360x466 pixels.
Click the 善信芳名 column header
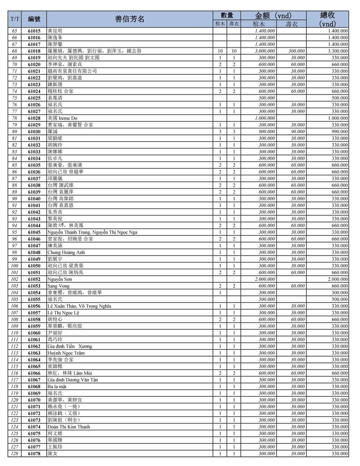pyautogui.click(x=130, y=19)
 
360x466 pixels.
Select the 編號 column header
pyautogui.click(x=34, y=19)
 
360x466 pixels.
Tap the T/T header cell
pyautogui.click(x=15, y=19)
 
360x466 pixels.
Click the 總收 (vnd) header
pyautogui.click(x=327, y=19)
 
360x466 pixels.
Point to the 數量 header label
pyautogui.click(x=227, y=15)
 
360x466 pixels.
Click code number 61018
pyautogui.click(x=34, y=51)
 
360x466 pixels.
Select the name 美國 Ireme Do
pyautogui.click(x=62, y=118)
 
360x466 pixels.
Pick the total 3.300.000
pyautogui.click(x=338, y=51)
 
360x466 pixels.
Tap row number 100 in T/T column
pyautogui.click(x=14, y=266)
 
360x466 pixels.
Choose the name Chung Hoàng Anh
pyautogui.click(x=66, y=252)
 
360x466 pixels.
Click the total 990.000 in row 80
pyautogui.click(x=339, y=132)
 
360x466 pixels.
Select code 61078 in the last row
pyautogui.click(x=34, y=454)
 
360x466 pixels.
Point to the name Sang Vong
pyautogui.click(x=58, y=286)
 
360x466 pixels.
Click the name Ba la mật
pyautogui.click(x=57, y=386)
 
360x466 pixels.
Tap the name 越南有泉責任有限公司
pyautogui.click(x=72, y=71)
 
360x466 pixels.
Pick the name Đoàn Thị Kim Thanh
pyautogui.click(x=69, y=427)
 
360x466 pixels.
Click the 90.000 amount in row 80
pyautogui.click(x=298, y=132)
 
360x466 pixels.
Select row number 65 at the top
pyautogui.click(x=14, y=31)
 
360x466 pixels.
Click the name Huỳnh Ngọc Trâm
pyautogui.click(x=66, y=353)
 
